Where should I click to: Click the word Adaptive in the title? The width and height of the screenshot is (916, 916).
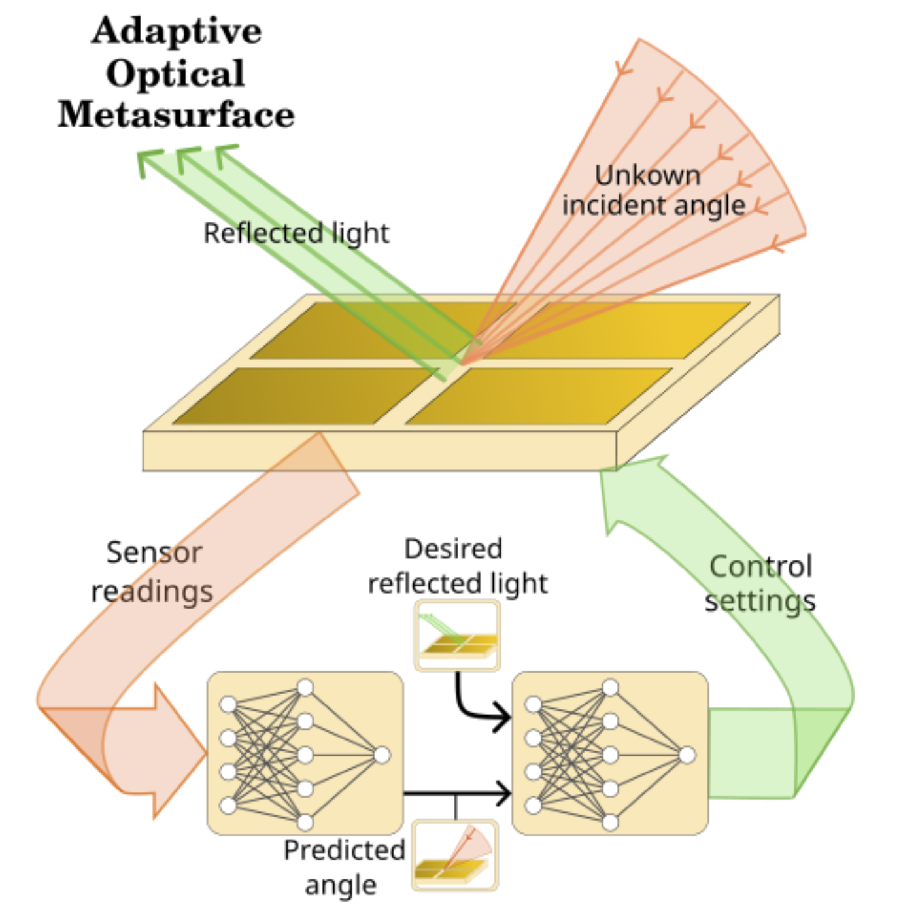pyautogui.click(x=177, y=31)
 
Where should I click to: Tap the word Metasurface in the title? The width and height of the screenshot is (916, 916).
pyautogui.click(x=176, y=115)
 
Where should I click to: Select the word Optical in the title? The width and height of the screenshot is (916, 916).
pyautogui.click(x=175, y=73)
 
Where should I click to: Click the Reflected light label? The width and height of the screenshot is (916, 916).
pyautogui.click(x=296, y=233)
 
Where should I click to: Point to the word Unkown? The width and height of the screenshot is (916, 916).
pyautogui.click(x=647, y=175)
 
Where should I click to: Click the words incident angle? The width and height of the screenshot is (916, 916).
pyautogui.click(x=653, y=205)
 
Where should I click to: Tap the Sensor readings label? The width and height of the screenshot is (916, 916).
pyautogui.click(x=153, y=571)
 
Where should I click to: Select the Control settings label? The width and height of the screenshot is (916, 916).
pyautogui.click(x=760, y=583)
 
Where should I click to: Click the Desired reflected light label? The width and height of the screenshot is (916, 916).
pyautogui.click(x=456, y=566)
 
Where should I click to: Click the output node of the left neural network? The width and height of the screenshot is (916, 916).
pyautogui.click(x=382, y=755)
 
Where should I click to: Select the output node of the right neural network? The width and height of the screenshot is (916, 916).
pyautogui.click(x=687, y=755)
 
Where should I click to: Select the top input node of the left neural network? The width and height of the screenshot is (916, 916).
pyautogui.click(x=228, y=704)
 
